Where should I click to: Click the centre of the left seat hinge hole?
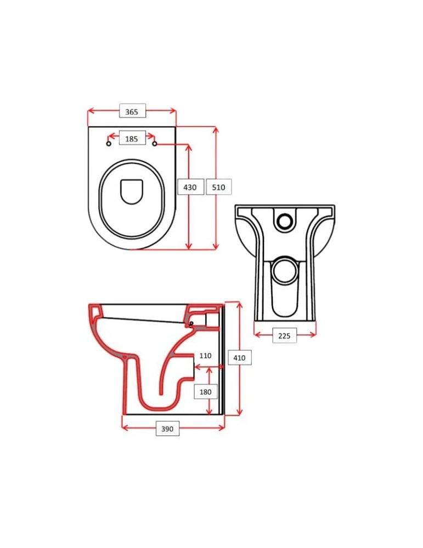(109, 144)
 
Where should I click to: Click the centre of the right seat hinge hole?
(155, 144)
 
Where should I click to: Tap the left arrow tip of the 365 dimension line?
(88, 111)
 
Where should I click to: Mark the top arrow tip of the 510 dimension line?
(216, 128)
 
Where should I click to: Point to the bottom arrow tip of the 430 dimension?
(189, 249)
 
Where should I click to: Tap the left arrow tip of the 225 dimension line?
(255, 335)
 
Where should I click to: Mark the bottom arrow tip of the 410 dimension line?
(240, 415)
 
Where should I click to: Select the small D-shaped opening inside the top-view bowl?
(132, 191)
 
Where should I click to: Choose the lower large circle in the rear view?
(285, 270)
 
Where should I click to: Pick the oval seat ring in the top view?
(132, 199)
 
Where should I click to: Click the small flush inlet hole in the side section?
(191, 323)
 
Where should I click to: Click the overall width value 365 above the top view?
(132, 112)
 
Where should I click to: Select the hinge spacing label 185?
(132, 139)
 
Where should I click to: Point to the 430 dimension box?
(190, 187)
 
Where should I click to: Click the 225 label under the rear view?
(284, 336)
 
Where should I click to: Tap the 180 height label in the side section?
(205, 392)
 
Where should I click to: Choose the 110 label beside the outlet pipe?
(205, 356)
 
